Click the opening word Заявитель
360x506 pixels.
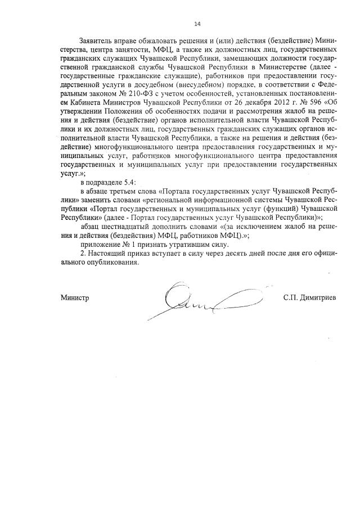point(97,41)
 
